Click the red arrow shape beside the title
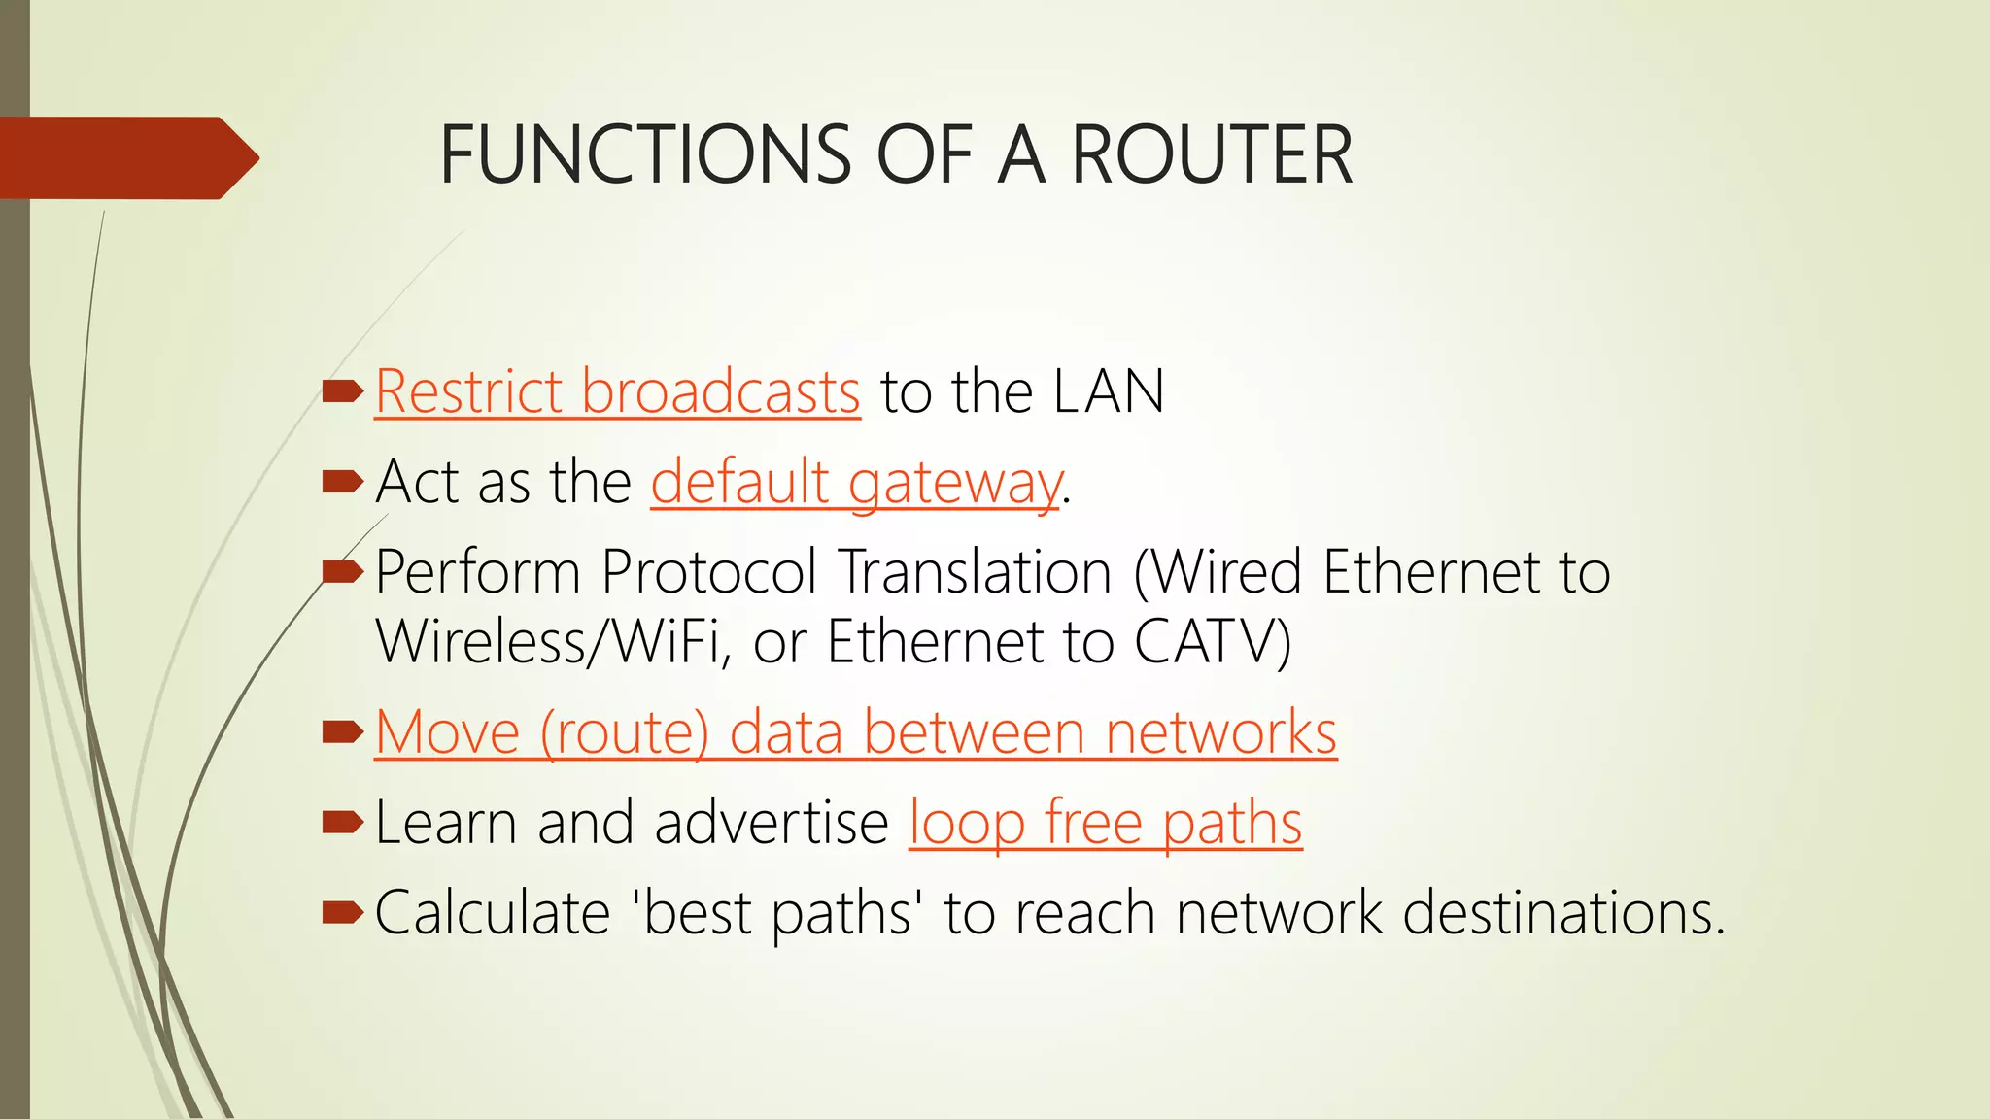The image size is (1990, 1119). tap(126, 157)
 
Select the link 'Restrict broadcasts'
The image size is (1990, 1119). tap(617, 392)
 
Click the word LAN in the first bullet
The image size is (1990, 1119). tap(1109, 392)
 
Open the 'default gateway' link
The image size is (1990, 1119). tap(856, 483)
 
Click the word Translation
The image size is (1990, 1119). tap(976, 572)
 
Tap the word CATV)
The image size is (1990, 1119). tap(1213, 642)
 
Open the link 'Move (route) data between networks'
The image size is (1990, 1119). tap(855, 732)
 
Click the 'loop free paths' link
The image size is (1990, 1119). tap(1105, 824)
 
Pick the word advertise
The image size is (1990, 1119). tap(772, 824)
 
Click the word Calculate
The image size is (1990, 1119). tap(493, 913)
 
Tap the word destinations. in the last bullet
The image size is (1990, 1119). tap(1563, 913)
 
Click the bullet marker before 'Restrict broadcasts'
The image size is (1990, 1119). tap(341, 391)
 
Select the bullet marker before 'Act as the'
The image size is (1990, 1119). tap(341, 481)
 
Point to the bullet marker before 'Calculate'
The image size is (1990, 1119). tap(341, 912)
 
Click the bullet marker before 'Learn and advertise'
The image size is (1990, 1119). tap(341, 823)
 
